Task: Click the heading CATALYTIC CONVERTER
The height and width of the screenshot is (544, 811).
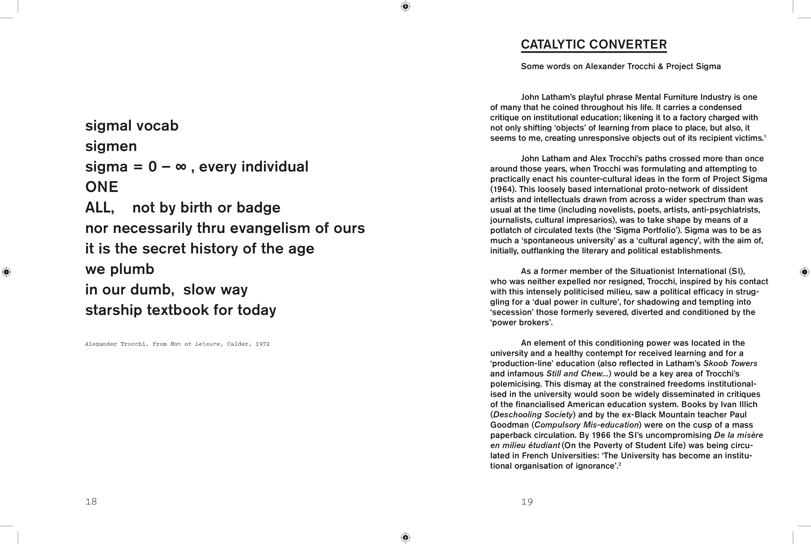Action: pyautogui.click(x=594, y=44)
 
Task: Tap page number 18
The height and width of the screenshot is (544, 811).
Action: pyautogui.click(x=91, y=501)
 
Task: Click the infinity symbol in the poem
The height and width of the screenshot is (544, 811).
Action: pyautogui.click(x=181, y=167)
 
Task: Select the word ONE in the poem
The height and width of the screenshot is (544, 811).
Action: pyautogui.click(x=102, y=187)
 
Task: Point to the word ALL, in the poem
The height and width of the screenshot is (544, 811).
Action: pyautogui.click(x=100, y=208)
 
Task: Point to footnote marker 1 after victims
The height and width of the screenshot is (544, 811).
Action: pyautogui.click(x=765, y=136)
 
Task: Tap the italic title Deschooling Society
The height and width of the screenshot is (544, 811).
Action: pyautogui.click(x=533, y=415)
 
